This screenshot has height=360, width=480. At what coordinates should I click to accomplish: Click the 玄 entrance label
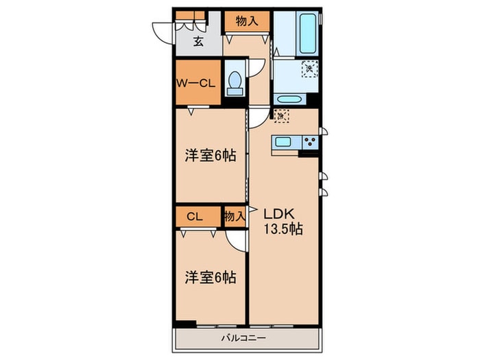click(197, 43)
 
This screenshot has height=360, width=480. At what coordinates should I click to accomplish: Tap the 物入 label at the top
click(246, 21)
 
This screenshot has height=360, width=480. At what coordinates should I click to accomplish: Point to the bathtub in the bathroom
click(304, 34)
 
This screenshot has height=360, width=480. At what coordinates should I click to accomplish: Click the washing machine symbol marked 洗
click(310, 68)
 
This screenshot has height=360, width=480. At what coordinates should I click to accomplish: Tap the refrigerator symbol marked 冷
click(281, 116)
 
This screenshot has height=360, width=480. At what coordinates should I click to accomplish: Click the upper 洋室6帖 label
click(211, 156)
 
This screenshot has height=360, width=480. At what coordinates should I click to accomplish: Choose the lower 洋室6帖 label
click(211, 278)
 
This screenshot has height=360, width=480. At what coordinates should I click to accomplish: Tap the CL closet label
click(194, 217)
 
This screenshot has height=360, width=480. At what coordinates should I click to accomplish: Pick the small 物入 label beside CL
click(235, 217)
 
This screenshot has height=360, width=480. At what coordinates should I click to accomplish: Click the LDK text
click(280, 214)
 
